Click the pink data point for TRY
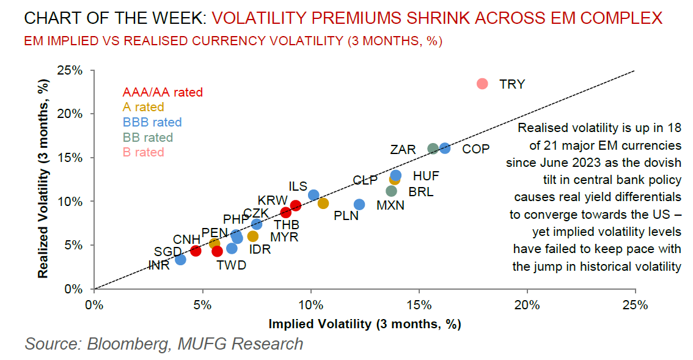pyautogui.click(x=482, y=84)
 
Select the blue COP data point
pyautogui.click(x=445, y=148)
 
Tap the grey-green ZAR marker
pyautogui.click(x=433, y=149)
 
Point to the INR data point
pyautogui.click(x=180, y=260)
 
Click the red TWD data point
pyautogui.click(x=217, y=251)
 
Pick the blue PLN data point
pyautogui.click(x=359, y=204)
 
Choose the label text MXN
pyautogui.click(x=391, y=205)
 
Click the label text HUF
pyautogui.click(x=426, y=176)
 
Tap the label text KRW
pyautogui.click(x=272, y=200)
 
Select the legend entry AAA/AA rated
pyautogui.click(x=163, y=93)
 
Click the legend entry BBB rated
pyautogui.click(x=152, y=122)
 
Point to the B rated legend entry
pyautogui.click(x=144, y=152)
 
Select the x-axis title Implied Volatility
pyautogui.click(x=364, y=324)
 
